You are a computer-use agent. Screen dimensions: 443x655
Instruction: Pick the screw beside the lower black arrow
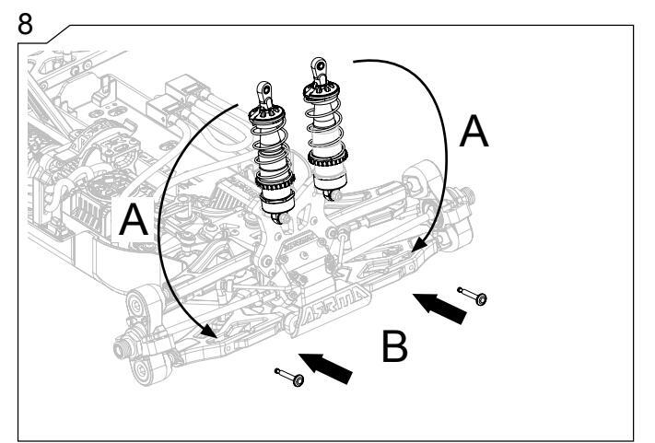(x=289, y=376)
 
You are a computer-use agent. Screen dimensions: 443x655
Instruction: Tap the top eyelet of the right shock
(x=316, y=66)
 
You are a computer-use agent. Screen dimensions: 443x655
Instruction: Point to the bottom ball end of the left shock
(x=277, y=217)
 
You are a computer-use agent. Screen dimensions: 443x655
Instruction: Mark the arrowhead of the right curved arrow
(x=419, y=245)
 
